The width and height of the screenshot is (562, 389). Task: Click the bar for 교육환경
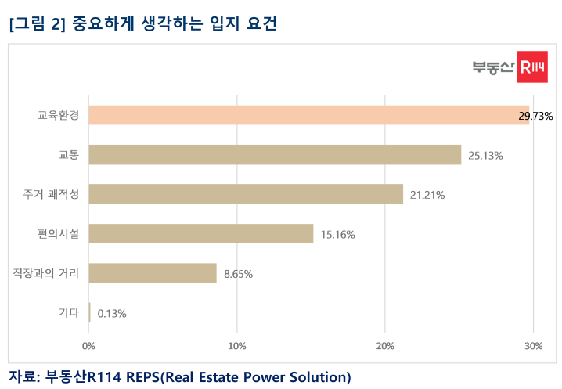(x=308, y=115)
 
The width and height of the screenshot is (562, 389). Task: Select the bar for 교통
(x=275, y=155)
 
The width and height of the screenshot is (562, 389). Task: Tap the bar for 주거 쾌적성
(x=246, y=194)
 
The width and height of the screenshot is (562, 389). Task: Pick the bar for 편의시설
(x=201, y=233)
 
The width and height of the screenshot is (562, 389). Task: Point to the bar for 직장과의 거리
(x=153, y=273)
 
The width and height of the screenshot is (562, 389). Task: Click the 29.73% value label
(x=535, y=116)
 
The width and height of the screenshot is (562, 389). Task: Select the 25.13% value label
(x=485, y=156)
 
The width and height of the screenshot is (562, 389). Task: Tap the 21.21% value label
(x=427, y=195)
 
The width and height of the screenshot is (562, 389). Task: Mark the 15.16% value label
(x=338, y=234)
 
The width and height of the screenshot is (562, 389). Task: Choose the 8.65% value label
(x=238, y=274)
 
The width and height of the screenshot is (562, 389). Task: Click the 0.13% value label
(x=111, y=313)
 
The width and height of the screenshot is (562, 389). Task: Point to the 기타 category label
(x=69, y=312)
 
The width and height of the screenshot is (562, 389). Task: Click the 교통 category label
(x=69, y=155)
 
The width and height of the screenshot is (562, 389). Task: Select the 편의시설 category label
(x=59, y=233)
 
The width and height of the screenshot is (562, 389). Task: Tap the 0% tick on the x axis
(x=89, y=346)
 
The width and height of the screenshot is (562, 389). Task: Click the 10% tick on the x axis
(x=236, y=346)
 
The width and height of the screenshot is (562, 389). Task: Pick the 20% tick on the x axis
(x=384, y=346)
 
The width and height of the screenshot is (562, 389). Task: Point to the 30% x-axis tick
(x=532, y=346)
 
